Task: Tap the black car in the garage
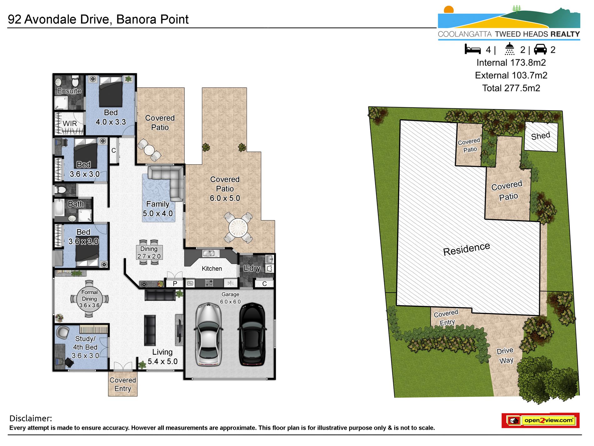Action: coord(252,334)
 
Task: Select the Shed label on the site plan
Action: coord(541,136)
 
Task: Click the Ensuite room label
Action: coord(69,91)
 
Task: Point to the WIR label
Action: coord(70,124)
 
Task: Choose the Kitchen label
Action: coord(212,269)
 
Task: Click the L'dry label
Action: coord(252,268)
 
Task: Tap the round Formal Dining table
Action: coord(89,299)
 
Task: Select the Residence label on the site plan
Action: coord(466,249)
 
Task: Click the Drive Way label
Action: coord(505,356)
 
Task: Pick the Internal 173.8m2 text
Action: coord(511,63)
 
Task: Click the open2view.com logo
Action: coord(541,420)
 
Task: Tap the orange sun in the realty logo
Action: coord(449,10)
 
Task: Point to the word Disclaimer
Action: coord(31,418)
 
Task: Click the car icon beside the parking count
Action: coord(540,49)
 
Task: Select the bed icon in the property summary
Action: coord(473,49)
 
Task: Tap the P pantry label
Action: coord(175,284)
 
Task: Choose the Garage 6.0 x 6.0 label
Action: coord(230,298)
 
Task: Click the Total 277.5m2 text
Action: coord(511,88)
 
